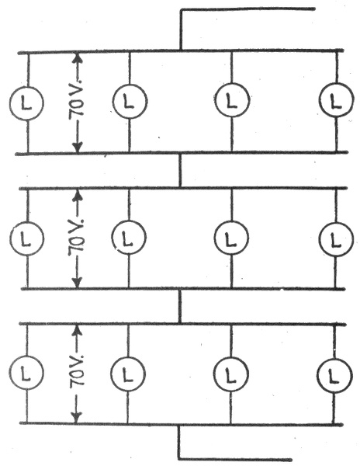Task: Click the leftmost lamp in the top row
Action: [x=26, y=103]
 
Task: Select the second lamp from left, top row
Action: [x=130, y=101]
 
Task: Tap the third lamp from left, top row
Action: [x=231, y=100]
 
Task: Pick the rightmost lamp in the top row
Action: [x=336, y=100]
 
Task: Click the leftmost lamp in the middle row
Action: [x=27, y=238]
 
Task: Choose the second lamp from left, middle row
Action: [x=129, y=238]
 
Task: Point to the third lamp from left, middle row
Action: [x=231, y=238]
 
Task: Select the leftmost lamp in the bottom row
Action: [x=26, y=373]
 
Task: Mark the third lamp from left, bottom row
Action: [x=231, y=374]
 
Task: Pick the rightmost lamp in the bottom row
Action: [x=334, y=375]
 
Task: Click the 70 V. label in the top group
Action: [x=77, y=99]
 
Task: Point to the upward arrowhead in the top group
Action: [x=77, y=57]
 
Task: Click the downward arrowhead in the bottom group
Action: [x=77, y=418]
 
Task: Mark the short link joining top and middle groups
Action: [x=180, y=171]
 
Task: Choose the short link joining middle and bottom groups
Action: [x=179, y=306]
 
